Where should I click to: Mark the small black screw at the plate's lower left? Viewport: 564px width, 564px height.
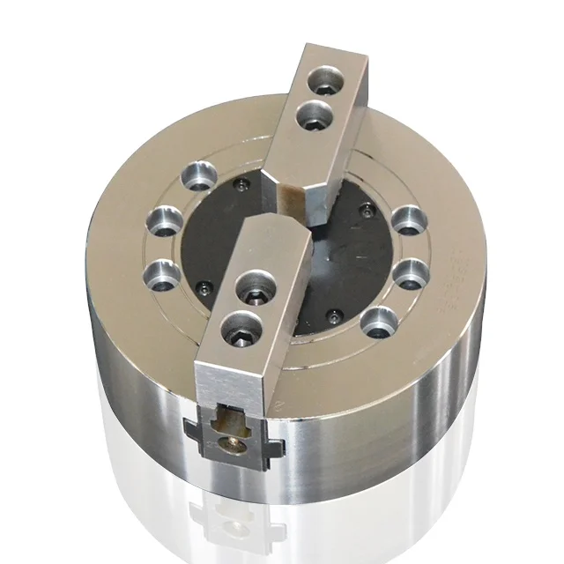pyautogui.click(x=204, y=288)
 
